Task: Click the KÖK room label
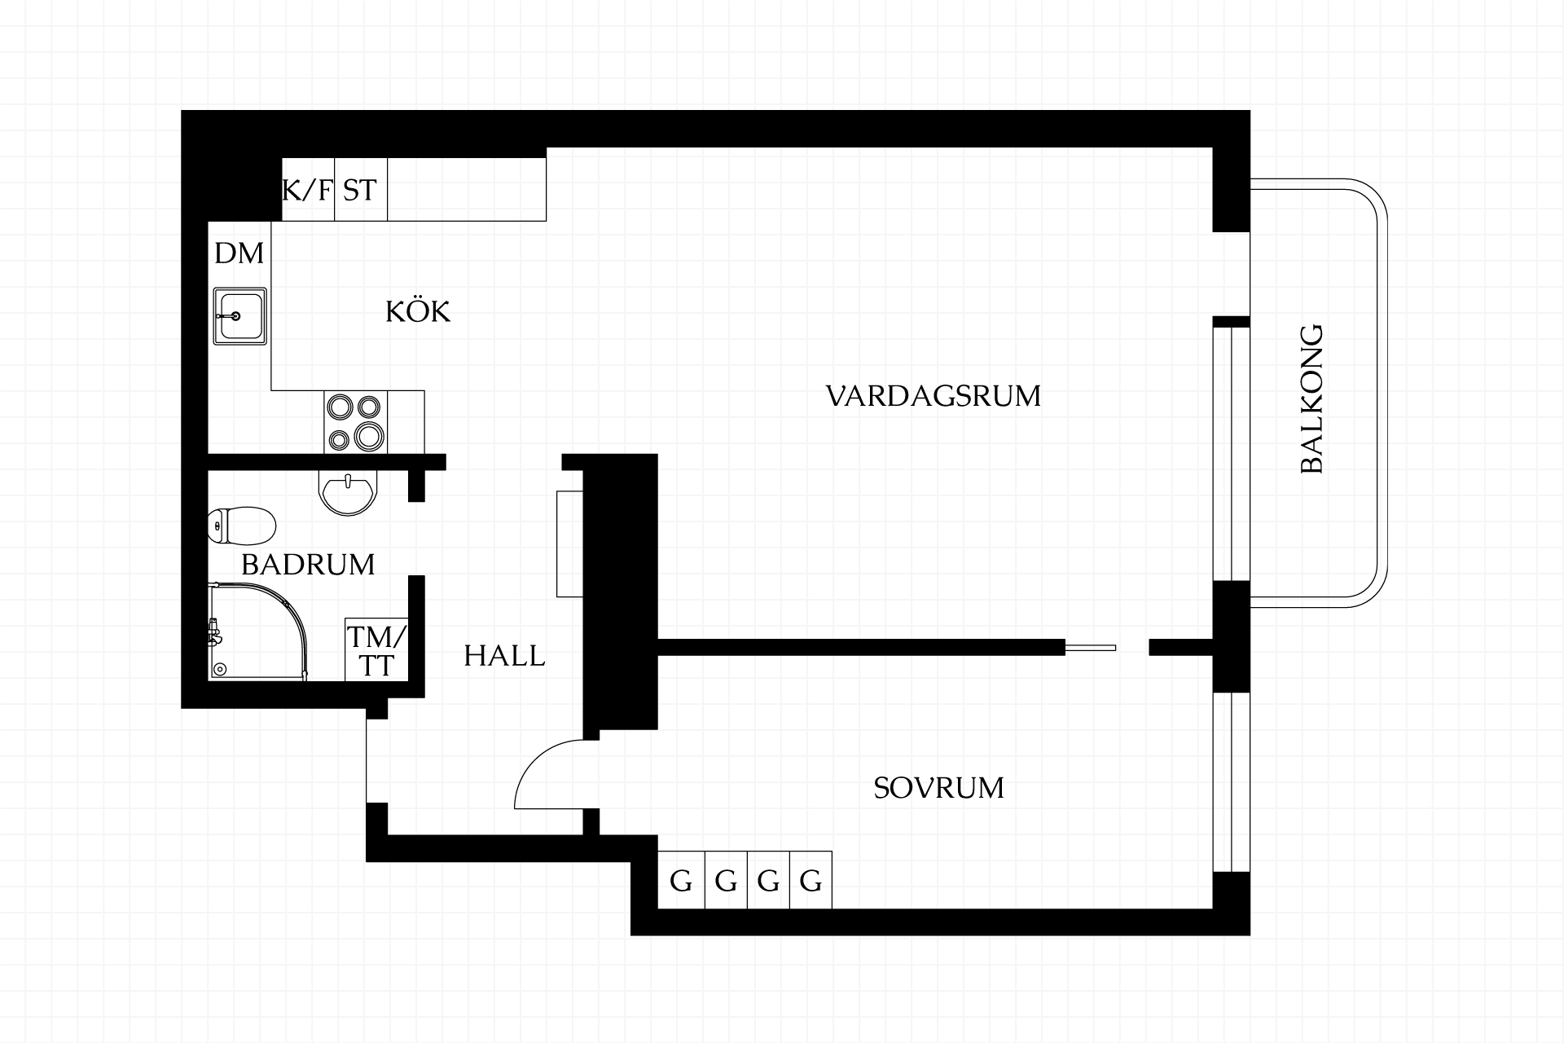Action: [x=418, y=311]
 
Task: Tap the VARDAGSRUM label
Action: [x=934, y=396]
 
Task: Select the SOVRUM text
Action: [x=938, y=788]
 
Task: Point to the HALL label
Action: [x=504, y=656]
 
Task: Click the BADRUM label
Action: [x=308, y=564]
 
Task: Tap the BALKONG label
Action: [x=1311, y=399]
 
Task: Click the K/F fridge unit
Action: [x=308, y=189]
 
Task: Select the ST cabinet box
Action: [x=361, y=189]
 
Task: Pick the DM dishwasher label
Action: [x=239, y=253]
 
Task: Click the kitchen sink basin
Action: [x=239, y=315]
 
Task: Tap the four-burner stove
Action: [x=355, y=422]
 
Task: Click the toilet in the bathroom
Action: [x=241, y=526]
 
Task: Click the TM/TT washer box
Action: [x=376, y=649]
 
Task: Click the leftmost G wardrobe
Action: [x=680, y=880]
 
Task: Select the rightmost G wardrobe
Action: [x=811, y=880]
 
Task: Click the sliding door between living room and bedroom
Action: [x=1091, y=648]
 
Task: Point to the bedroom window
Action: [x=1232, y=782]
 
